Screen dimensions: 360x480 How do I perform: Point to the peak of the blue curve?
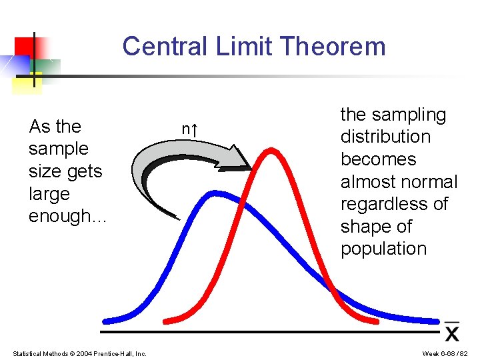[215, 195]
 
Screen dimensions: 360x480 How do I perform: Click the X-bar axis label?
[452, 331]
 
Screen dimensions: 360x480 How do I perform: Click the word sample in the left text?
[59, 149]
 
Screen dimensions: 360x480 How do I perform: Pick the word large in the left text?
[49, 194]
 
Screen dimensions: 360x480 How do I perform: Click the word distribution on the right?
[385, 137]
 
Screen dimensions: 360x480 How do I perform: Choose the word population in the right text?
[383, 249]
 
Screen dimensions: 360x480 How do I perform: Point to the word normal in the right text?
[433, 182]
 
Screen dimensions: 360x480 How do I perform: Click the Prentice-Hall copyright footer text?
[79, 353]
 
